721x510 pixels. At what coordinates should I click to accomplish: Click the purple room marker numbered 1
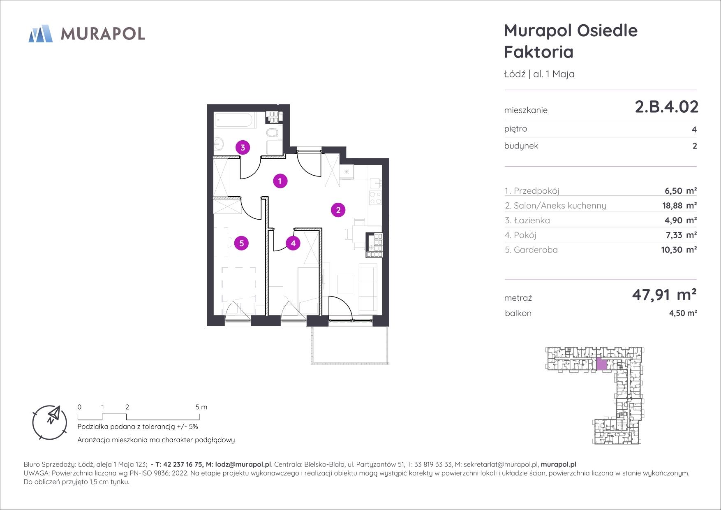(x=280, y=181)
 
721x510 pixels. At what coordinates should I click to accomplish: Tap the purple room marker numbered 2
(x=338, y=210)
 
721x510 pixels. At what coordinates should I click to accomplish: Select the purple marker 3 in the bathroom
(x=243, y=147)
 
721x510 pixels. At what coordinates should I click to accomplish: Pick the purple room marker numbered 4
(x=293, y=243)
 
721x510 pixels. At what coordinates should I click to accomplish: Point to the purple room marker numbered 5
(x=241, y=243)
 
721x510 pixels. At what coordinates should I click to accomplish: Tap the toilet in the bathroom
(x=272, y=132)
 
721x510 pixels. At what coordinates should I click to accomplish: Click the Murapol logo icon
(x=40, y=33)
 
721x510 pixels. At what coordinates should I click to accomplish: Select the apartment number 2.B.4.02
(x=666, y=107)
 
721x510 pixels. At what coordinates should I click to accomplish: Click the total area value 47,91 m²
(x=664, y=294)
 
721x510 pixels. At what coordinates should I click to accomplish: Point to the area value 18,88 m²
(x=679, y=206)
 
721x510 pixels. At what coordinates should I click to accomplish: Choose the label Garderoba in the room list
(x=536, y=250)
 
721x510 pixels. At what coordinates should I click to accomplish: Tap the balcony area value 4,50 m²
(x=683, y=313)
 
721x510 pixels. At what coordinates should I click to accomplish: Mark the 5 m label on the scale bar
(x=201, y=407)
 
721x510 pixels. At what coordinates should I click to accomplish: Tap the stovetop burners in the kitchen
(x=375, y=198)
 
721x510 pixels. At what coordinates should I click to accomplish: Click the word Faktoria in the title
(x=538, y=52)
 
